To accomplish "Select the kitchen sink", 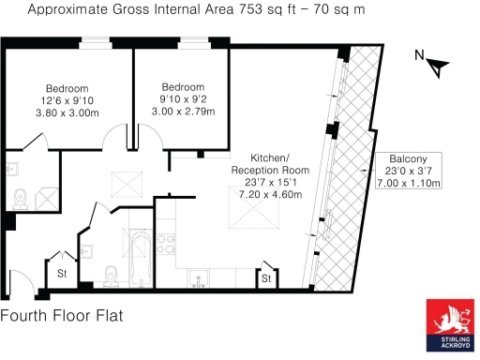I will (199, 277).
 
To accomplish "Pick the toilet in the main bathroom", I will (111, 274).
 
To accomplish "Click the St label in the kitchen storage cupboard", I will (266, 278).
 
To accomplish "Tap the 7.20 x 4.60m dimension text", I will (252, 195).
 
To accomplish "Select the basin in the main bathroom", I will (86, 251).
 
